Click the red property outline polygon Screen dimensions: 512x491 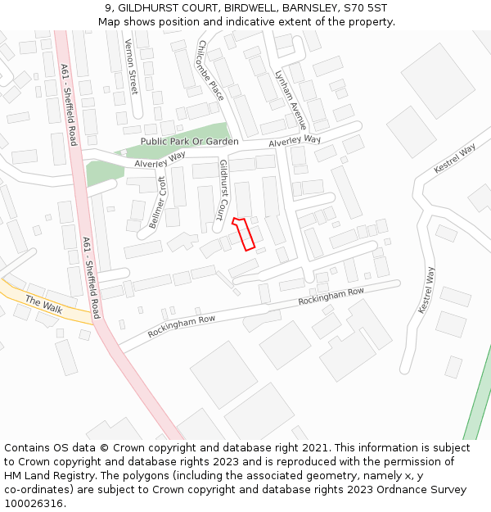coord(245,233)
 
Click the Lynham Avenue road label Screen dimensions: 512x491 coord(291,98)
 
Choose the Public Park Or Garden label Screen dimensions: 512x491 coord(189,142)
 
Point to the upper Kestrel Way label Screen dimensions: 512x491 coord(454,158)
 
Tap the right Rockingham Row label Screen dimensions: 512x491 coord(331,297)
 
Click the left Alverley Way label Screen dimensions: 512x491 coord(160,161)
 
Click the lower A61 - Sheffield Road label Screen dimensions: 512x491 coord(91,278)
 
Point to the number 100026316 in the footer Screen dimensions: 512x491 coord(33,504)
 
